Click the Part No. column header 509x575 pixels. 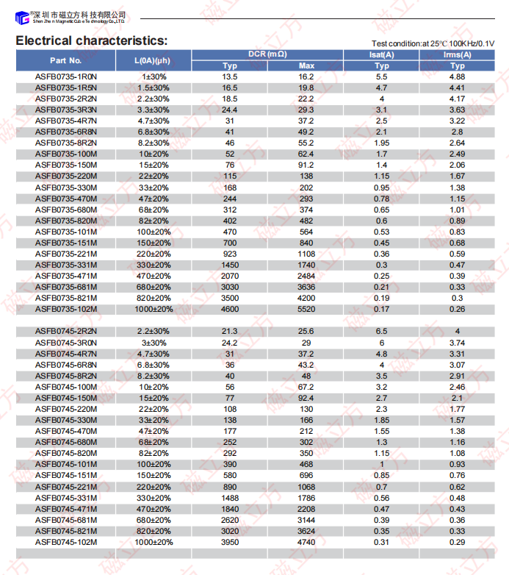point(66,60)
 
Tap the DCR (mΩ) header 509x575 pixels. point(267,54)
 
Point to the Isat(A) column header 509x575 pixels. point(381,54)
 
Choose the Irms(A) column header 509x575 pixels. point(457,54)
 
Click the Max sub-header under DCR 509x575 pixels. point(306,66)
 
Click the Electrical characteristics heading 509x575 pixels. point(92,41)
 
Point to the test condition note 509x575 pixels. point(433,43)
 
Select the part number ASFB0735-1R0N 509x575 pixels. point(66,76)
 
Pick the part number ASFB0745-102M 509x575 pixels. point(66,542)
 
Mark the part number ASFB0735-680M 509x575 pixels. point(66,210)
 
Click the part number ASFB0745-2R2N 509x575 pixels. point(66,331)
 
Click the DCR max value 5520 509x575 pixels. point(306,309)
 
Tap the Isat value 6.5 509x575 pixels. point(381,331)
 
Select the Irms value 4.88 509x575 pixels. point(457,76)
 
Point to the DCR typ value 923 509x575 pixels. point(230,254)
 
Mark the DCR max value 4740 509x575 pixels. point(306,542)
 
